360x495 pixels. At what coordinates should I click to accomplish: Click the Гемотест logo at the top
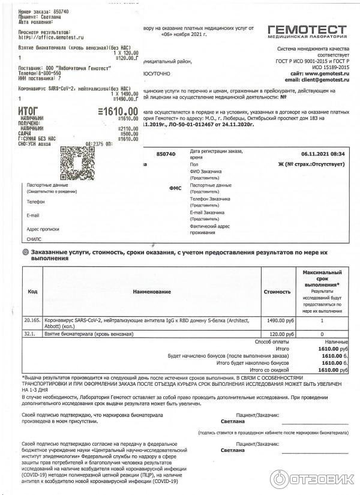pyautogui.click(x=307, y=32)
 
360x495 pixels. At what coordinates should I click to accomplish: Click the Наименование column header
pyautogui.click(x=151, y=292)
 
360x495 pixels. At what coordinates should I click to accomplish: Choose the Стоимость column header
pyautogui.click(x=277, y=292)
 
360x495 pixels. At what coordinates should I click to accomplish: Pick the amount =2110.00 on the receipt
pyautogui.click(x=125, y=129)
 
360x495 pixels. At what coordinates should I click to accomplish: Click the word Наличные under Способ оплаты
pyautogui.click(x=335, y=341)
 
